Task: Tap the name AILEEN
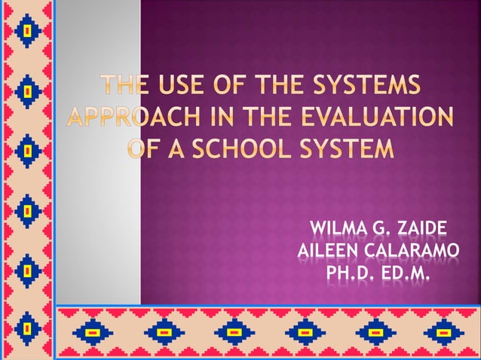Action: pos(329,249)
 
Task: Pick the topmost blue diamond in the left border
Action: pos(27,30)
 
